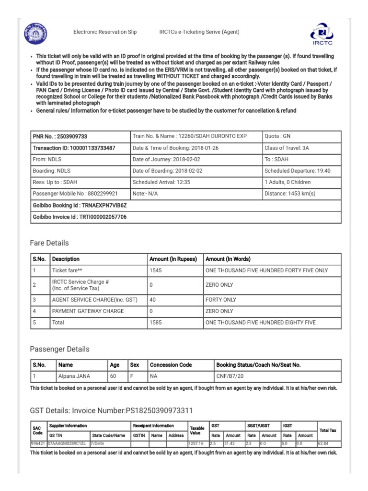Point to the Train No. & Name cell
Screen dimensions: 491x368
(189, 136)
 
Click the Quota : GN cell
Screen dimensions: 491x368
(277, 136)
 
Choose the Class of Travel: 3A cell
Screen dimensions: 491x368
(287, 148)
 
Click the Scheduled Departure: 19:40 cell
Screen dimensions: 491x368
(297, 171)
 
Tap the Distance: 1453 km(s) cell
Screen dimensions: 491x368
(290, 194)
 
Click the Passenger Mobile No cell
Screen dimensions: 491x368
(75, 194)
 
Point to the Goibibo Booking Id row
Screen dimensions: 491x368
(80, 205)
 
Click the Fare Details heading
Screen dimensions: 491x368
(49, 243)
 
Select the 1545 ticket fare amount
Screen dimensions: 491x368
(156, 270)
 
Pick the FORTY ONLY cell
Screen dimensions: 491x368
(221, 300)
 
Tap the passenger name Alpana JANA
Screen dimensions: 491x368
(74, 376)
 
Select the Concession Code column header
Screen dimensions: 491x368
(171, 365)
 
